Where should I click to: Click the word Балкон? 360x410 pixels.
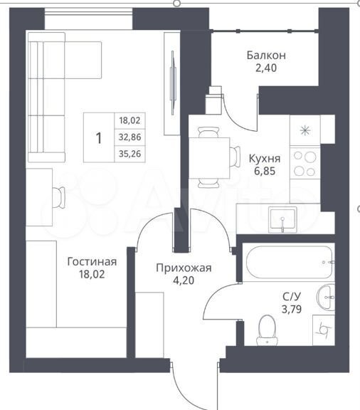[266, 56]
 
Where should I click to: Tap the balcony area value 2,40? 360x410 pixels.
[266, 68]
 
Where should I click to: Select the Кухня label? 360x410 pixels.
[265, 159]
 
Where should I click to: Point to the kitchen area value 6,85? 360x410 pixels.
[265, 171]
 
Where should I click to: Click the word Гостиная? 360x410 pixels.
[92, 262]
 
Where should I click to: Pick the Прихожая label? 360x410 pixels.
[184, 268]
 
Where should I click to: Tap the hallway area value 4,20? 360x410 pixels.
[184, 280]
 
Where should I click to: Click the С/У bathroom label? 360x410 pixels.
[292, 297]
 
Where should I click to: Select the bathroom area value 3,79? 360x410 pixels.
[292, 309]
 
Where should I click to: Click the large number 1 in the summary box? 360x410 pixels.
[99, 138]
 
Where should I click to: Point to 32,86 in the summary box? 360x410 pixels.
[130, 137]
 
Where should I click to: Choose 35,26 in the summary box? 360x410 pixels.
[130, 154]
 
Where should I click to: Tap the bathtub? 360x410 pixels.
[289, 262]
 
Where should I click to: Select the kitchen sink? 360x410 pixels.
[282, 220]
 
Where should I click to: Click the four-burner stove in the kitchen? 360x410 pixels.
[305, 164]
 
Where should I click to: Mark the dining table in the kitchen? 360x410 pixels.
[209, 158]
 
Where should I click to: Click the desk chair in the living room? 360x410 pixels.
[59, 197]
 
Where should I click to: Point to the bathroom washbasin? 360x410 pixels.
[326, 298]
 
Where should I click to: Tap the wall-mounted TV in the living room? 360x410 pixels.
[173, 83]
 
